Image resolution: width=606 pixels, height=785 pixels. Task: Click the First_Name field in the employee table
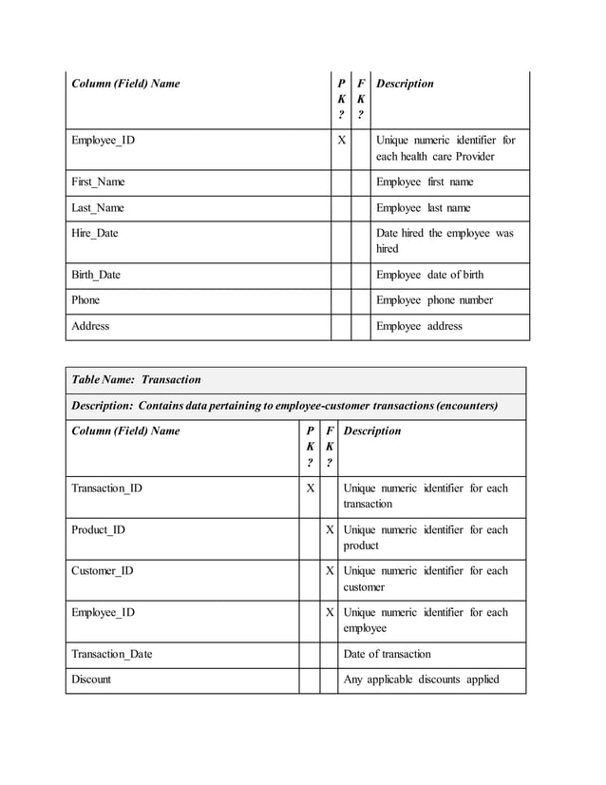tap(98, 182)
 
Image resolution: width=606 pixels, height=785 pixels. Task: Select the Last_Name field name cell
tap(97, 207)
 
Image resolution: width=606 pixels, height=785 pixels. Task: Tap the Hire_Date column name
tap(95, 233)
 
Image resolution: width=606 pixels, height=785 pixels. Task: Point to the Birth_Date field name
tap(96, 275)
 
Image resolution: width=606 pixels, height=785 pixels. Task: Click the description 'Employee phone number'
tap(434, 300)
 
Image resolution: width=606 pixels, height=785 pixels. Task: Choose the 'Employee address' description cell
tap(419, 326)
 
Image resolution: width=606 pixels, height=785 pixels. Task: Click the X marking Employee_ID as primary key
tap(341, 141)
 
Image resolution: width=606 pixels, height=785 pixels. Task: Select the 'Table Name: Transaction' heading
tap(137, 379)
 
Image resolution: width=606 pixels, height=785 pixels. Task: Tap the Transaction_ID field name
tap(106, 488)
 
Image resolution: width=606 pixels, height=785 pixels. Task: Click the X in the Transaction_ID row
tap(310, 488)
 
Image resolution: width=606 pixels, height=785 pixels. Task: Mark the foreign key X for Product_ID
tap(330, 530)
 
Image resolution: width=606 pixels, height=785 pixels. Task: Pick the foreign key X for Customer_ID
tap(330, 571)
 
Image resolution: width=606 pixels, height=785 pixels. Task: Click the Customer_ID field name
tap(103, 571)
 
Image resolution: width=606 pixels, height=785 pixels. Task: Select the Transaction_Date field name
tap(111, 654)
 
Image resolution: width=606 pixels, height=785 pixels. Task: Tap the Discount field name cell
tap(91, 680)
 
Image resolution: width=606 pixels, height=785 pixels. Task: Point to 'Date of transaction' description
tap(387, 654)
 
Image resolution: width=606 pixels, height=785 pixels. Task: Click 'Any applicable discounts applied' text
tap(421, 680)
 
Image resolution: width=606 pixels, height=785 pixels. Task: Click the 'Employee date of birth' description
tap(429, 275)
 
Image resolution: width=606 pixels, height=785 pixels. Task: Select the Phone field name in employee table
tap(85, 300)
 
